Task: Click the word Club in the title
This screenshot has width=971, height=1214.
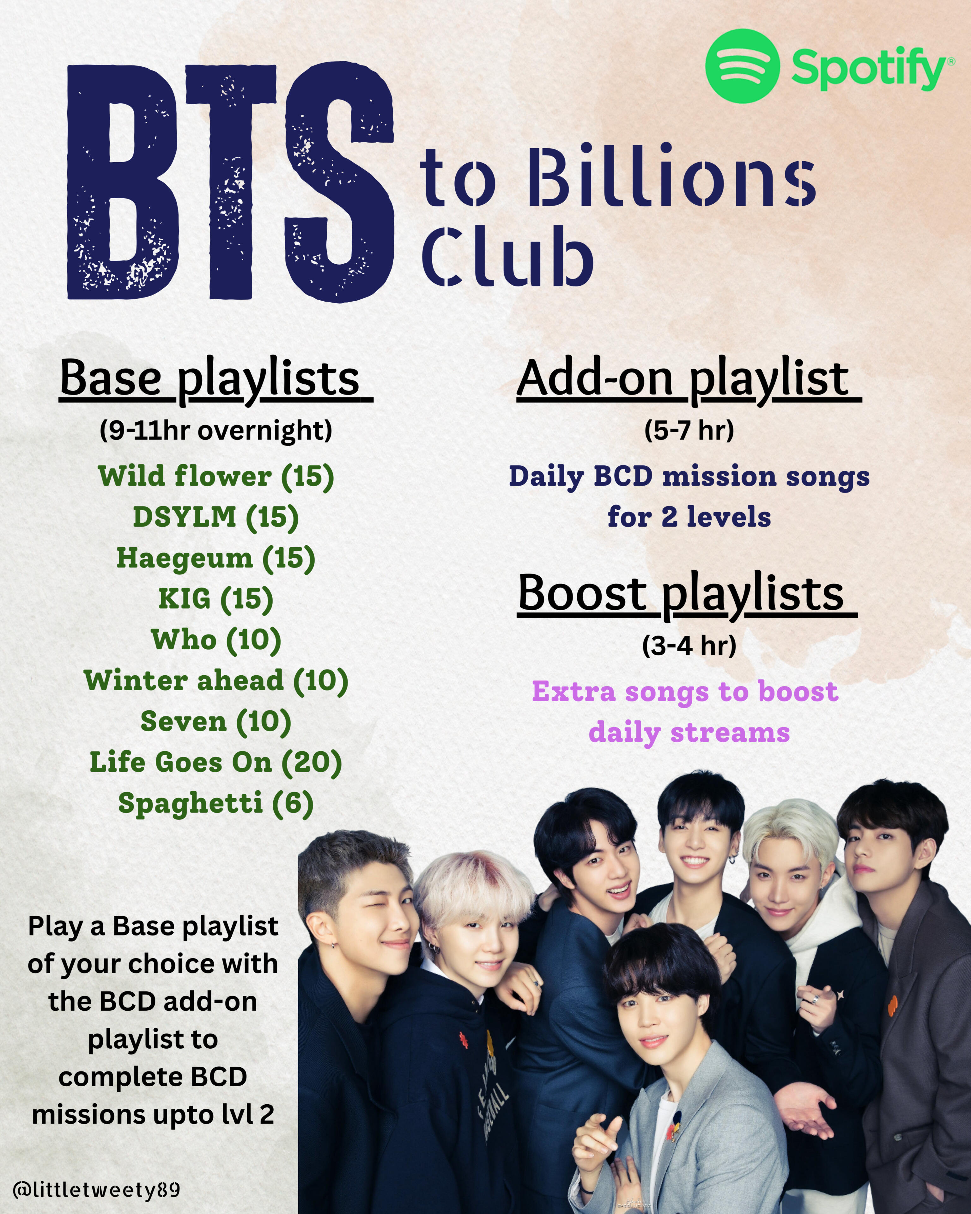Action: (507, 256)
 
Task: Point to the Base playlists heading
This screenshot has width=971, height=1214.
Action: (216, 379)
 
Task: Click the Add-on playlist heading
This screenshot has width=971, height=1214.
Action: (689, 379)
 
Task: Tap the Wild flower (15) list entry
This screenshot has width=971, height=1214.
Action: (216, 476)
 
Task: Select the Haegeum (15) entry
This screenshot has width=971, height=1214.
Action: (215, 558)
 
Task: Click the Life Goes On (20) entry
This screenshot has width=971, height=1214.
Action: (215, 763)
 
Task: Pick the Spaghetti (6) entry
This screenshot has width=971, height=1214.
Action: (215, 804)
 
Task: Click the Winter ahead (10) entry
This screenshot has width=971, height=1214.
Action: (216, 681)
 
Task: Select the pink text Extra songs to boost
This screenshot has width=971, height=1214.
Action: (685, 692)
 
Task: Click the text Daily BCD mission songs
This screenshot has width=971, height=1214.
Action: (689, 476)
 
